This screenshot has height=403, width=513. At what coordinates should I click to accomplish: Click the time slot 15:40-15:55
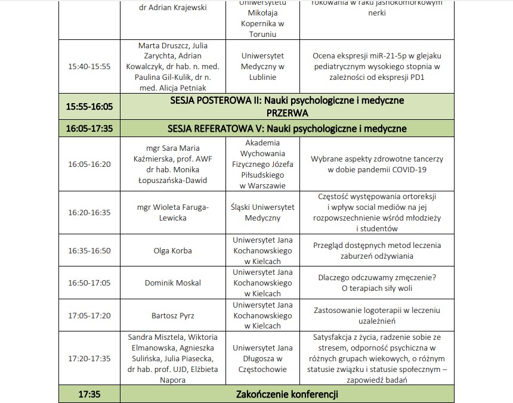click(89, 66)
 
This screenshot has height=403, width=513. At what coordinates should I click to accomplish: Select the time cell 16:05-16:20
click(89, 164)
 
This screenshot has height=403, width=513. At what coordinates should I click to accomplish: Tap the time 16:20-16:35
click(89, 212)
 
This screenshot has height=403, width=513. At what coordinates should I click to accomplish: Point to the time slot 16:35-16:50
click(89, 250)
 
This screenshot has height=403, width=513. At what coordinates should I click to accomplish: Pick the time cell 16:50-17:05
click(89, 283)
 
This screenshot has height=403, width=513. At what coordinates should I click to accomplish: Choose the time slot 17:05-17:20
click(89, 315)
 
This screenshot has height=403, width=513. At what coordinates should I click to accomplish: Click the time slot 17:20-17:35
click(89, 358)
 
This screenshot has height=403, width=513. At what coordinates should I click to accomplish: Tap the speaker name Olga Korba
click(173, 250)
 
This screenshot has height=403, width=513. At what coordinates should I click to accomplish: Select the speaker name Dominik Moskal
click(173, 283)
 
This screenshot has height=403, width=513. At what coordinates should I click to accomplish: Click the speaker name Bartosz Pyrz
click(173, 315)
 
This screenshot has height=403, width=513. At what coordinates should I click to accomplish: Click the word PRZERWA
click(287, 112)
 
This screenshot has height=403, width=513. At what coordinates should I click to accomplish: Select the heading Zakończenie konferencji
click(287, 394)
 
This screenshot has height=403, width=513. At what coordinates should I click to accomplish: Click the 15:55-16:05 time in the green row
click(89, 106)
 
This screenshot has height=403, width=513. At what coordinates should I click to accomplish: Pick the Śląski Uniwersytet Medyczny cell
click(263, 212)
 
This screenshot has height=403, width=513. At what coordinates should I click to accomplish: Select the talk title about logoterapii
click(376, 315)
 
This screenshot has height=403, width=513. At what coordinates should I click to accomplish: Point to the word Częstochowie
click(263, 369)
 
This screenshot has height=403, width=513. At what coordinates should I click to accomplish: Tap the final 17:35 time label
click(89, 394)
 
